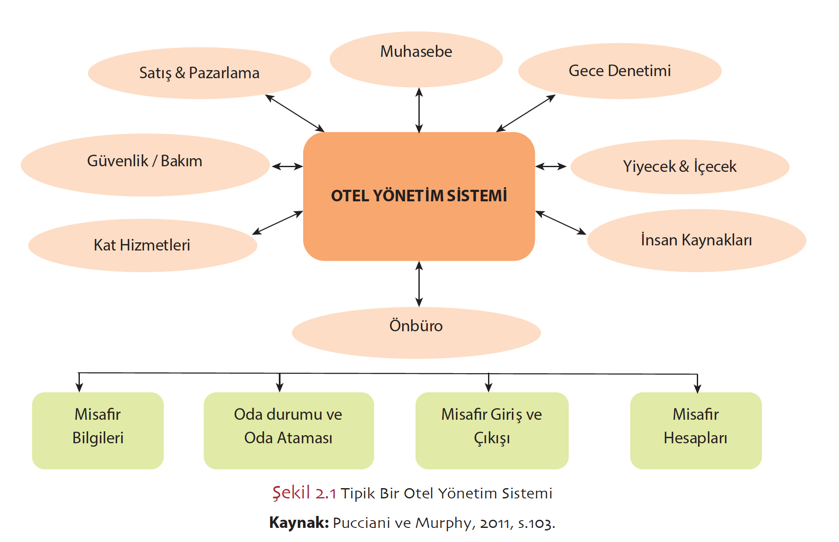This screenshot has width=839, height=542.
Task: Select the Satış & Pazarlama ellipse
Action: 199,73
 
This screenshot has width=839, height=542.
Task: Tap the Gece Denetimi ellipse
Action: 620,71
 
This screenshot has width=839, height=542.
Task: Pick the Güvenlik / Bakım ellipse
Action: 145,165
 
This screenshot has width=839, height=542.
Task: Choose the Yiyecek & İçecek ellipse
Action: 680,167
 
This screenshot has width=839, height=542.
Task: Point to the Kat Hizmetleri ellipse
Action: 142,245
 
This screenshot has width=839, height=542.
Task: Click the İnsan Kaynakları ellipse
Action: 696,240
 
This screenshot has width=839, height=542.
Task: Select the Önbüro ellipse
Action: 416,333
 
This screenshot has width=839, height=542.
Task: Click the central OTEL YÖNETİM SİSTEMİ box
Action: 419,196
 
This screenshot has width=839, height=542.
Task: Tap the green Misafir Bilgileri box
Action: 98,430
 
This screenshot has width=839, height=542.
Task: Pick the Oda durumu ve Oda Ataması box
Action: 288,430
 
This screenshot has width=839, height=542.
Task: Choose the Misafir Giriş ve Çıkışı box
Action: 491,430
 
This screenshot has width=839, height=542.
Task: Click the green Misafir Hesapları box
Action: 696,430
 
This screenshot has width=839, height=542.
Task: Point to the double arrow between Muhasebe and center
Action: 419,110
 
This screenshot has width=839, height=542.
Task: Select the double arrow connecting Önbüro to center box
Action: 419,284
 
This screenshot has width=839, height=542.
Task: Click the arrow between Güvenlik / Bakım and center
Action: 287,166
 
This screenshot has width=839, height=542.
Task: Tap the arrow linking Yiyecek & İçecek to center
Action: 551,166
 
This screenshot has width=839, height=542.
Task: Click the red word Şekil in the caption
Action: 291,493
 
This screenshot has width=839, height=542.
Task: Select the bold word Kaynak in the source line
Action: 298,523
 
